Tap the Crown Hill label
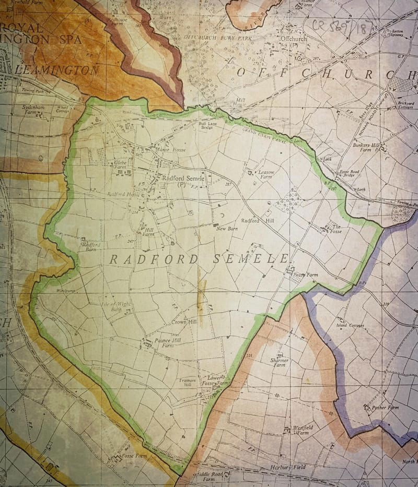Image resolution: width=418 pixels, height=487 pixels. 183,323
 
